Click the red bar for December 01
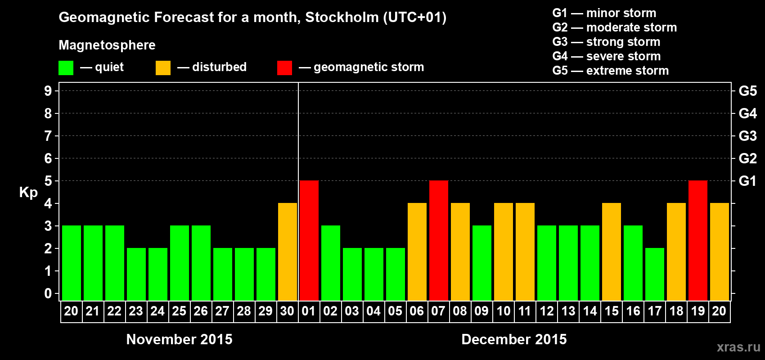309,240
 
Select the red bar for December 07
439,240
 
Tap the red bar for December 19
698,240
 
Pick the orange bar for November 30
288,252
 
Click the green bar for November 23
136,274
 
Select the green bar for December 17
655,274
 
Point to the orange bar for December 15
612,252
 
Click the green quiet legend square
66,68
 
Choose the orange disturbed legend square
163,68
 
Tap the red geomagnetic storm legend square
284,68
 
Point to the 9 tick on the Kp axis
48,91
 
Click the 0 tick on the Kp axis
48,293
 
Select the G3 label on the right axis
747,136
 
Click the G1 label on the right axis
747,181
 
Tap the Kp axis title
28,193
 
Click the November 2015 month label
179,339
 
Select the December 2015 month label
514,339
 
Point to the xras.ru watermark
738,347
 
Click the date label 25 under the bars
179,311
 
